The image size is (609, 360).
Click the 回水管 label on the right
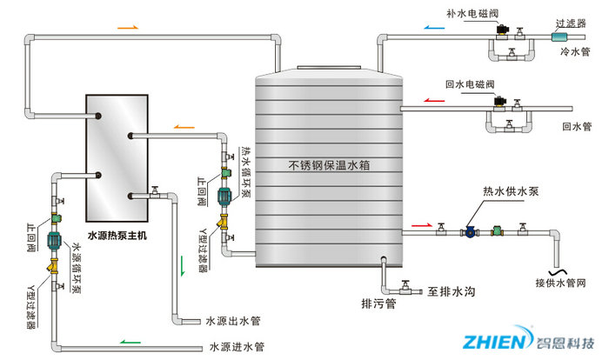[576, 126]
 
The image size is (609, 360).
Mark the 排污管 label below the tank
[378, 303]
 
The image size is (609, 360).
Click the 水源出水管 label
[233, 322]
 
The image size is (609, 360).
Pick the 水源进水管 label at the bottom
[233, 347]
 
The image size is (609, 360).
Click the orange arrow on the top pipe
[127, 28]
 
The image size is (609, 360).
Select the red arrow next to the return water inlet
[432, 100]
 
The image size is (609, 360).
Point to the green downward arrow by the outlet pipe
[183, 264]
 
